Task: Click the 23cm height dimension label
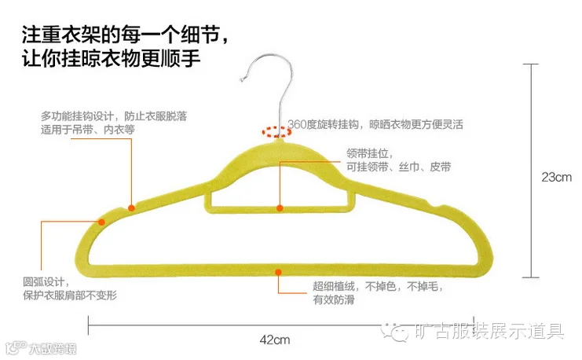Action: click(556, 177)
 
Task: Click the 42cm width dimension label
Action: click(276, 340)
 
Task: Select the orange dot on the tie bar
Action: click(279, 208)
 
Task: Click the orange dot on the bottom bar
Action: click(278, 271)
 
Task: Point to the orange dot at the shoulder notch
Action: click(132, 208)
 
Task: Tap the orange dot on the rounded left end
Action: click(101, 222)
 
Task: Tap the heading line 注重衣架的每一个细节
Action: click(126, 35)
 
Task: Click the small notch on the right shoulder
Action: click(433, 208)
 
